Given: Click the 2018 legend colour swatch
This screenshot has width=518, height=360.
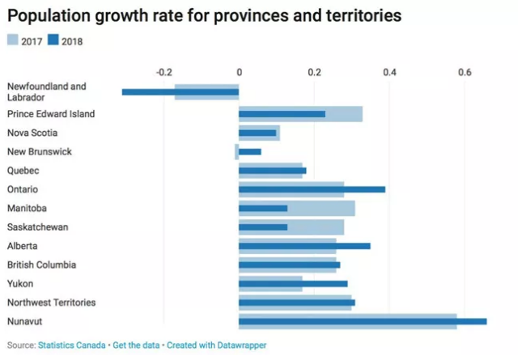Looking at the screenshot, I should click(53, 40).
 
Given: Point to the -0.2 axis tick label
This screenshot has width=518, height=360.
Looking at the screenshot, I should click(163, 73).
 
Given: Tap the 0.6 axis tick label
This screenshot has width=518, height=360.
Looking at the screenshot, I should click(465, 73).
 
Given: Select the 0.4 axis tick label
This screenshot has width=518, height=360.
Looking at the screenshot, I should click(389, 73).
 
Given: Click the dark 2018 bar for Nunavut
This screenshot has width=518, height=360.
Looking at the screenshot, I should click(363, 321).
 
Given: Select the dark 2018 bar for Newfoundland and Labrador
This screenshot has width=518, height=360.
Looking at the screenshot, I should click(180, 92).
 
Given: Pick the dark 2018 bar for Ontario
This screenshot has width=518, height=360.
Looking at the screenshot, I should click(312, 189).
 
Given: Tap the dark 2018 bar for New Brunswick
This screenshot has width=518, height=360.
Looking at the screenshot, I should click(250, 151).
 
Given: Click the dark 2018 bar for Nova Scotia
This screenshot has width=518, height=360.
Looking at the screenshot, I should click(257, 133).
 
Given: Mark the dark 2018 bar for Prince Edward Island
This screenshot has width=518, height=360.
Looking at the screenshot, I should click(282, 114).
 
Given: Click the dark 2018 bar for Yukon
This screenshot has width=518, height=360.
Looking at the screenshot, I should click(293, 284).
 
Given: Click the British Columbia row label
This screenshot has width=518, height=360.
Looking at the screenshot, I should click(41, 265).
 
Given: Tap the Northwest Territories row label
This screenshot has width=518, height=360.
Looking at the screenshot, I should click(51, 303).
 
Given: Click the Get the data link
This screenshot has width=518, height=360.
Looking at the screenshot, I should click(137, 345).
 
